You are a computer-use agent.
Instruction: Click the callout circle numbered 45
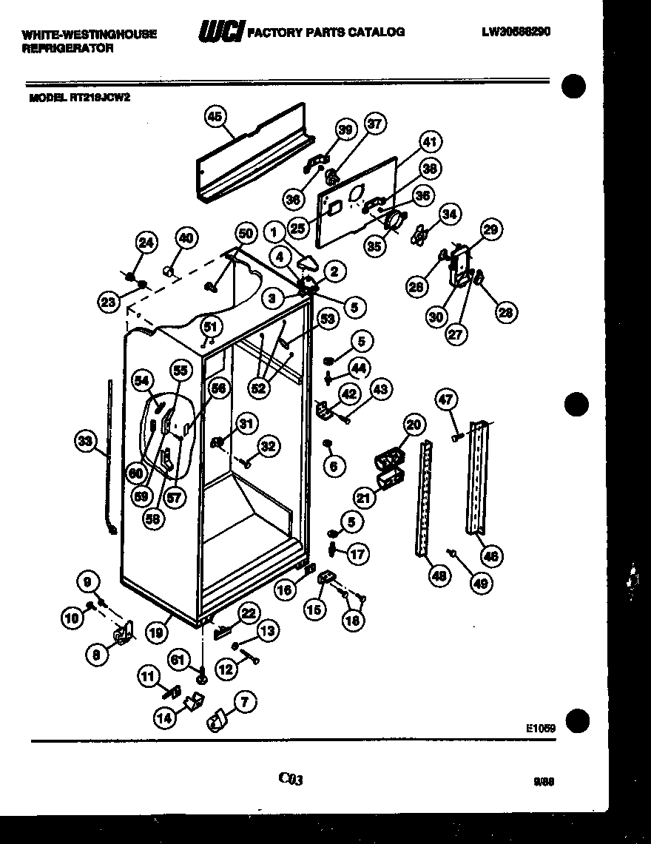pyautogui.click(x=215, y=116)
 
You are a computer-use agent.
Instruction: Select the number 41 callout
pyautogui.click(x=430, y=142)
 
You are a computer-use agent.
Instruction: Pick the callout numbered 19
pyautogui.click(x=155, y=632)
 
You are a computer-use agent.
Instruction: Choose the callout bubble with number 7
pyautogui.click(x=245, y=701)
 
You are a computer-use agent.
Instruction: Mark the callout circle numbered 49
pyautogui.click(x=481, y=583)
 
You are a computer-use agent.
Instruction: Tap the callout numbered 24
pyautogui.click(x=147, y=242)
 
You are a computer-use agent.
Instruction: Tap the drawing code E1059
pyautogui.click(x=541, y=727)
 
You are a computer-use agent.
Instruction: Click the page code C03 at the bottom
pyautogui.click(x=291, y=778)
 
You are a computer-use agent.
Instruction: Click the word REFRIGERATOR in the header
pyautogui.click(x=67, y=48)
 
